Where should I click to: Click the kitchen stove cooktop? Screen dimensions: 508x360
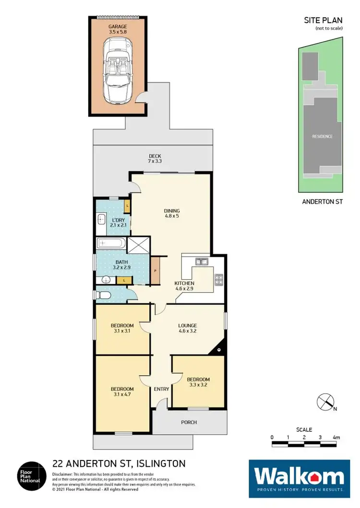coord(218,279)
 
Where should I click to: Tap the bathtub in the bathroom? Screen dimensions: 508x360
coord(111,244)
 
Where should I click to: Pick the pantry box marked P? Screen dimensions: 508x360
coord(156,271)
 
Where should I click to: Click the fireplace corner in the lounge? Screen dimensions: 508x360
coord(218,349)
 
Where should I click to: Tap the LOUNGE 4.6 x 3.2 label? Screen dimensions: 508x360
coord(188,328)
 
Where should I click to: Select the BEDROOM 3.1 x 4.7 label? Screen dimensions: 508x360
coord(122,392)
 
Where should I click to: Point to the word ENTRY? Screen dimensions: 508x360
coord(161,389)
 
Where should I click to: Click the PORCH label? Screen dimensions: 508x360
coord(189,422)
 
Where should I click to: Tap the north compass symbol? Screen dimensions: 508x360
coord(325,401)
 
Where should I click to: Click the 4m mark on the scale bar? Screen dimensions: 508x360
coord(336,437)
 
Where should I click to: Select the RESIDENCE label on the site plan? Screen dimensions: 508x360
coord(322,136)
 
